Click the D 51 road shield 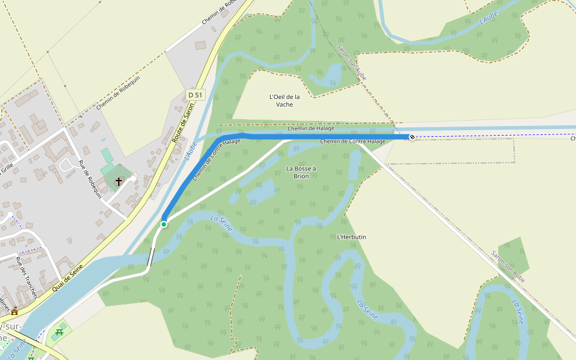(196, 95)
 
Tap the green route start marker (163, 224)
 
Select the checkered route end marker (412, 137)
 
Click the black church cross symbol (119, 181)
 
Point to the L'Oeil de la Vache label (284, 100)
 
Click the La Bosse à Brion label (301, 172)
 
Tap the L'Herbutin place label (352, 237)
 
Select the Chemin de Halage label (310, 128)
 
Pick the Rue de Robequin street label (91, 179)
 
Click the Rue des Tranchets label (26, 278)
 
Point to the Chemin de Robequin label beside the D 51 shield (118, 93)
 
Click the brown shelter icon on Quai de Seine (14, 311)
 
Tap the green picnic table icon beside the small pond (59, 332)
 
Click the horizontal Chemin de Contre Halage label (352, 142)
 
